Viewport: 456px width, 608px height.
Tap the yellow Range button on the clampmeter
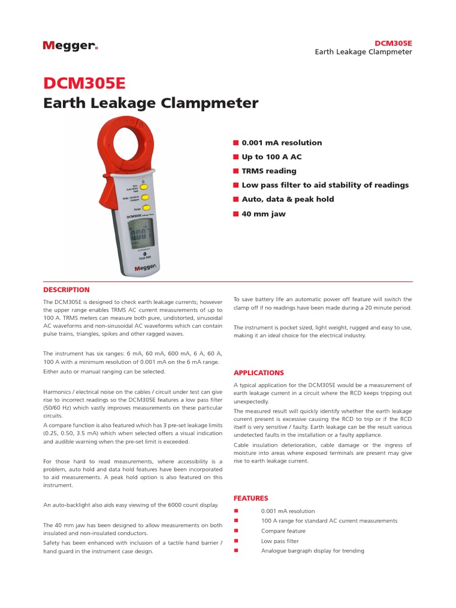(x=145, y=209)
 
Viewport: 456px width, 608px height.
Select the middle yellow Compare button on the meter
(x=145, y=198)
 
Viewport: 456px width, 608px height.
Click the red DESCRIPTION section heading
(x=66, y=290)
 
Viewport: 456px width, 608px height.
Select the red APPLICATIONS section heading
(x=259, y=373)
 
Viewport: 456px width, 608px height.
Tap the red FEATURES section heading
(x=251, y=498)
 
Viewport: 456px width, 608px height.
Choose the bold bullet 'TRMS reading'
(x=269, y=171)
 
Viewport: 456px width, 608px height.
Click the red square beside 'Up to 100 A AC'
(x=236, y=157)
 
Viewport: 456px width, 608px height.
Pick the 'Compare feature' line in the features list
(x=283, y=531)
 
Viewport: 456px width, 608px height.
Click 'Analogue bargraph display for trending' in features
(x=312, y=551)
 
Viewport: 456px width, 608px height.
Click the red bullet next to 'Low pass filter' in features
(x=236, y=541)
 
